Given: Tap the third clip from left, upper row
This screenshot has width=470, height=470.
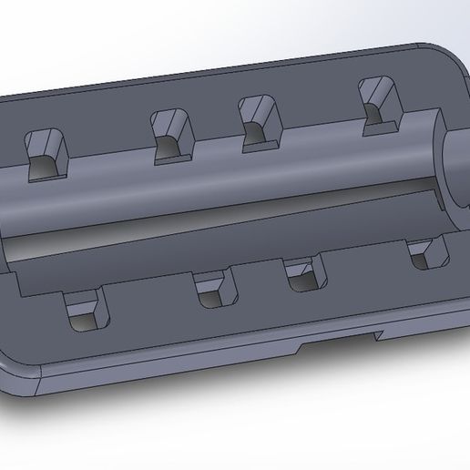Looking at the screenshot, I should [260, 118].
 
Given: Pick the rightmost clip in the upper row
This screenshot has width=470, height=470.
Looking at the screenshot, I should [377, 101].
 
